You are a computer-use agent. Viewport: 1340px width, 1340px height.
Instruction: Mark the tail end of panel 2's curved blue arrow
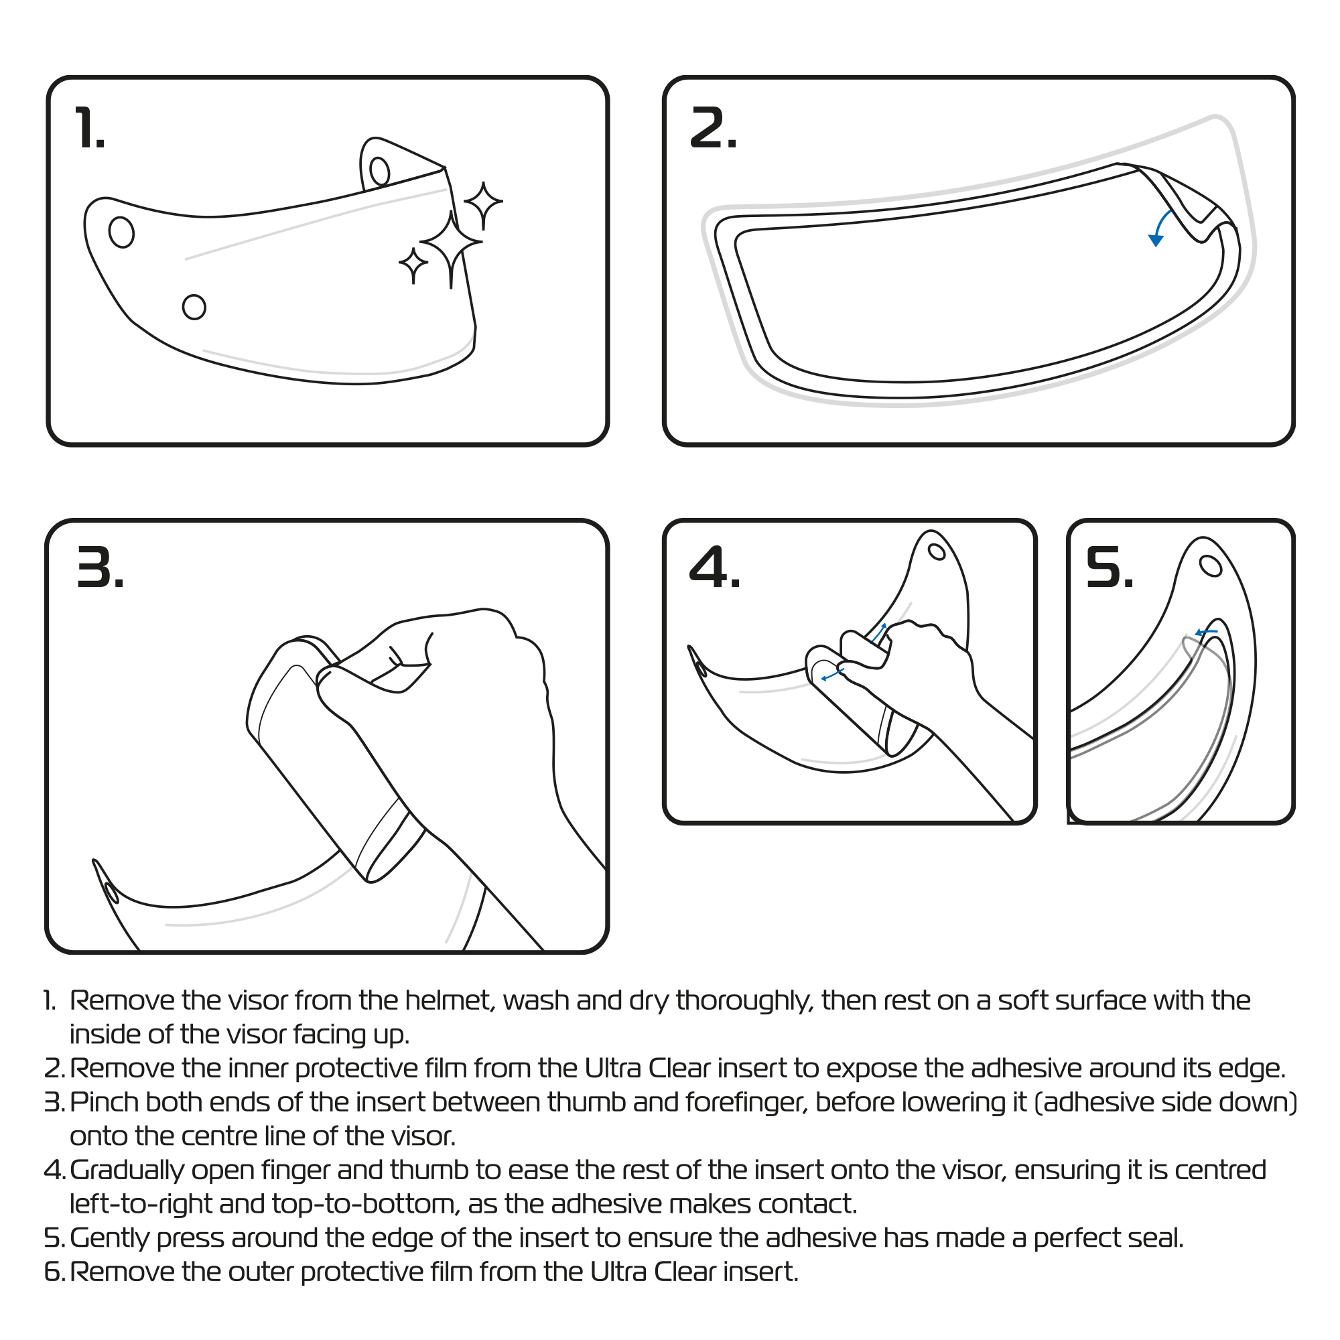1172,211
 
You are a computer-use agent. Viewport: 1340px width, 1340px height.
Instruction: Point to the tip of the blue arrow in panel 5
1196,632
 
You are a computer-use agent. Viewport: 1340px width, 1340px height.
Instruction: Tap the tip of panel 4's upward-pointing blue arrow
885,624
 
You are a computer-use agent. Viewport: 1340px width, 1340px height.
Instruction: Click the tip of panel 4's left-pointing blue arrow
821,679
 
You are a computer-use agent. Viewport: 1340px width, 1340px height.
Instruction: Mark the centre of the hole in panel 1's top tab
379,172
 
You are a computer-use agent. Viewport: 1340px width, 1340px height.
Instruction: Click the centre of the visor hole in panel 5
1210,566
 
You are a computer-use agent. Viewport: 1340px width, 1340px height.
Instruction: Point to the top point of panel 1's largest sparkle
452,211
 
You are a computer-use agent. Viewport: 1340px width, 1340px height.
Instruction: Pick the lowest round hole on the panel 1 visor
194,307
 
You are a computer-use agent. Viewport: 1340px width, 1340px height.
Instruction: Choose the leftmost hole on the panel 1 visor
121,232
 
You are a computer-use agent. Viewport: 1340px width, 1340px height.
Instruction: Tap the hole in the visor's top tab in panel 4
937,551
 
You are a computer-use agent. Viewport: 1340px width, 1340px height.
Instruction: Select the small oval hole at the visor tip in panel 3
111,892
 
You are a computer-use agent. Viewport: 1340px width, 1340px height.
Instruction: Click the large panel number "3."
100,567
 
